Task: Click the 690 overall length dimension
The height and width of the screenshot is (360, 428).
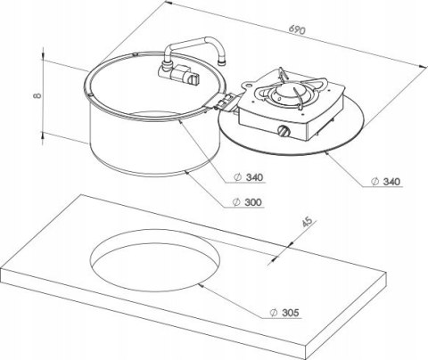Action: (297, 30)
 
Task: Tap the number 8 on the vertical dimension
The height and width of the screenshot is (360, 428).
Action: (37, 95)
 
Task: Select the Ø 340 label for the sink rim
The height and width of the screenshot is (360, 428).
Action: (249, 177)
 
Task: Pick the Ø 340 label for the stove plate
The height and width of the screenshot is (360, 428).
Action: (386, 182)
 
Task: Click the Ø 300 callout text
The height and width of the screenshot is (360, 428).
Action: (248, 202)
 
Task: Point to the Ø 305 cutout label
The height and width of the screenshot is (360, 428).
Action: (284, 313)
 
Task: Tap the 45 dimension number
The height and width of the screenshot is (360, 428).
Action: (308, 222)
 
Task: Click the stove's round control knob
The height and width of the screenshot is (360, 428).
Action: (284, 130)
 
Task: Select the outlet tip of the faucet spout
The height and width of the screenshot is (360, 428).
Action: (221, 62)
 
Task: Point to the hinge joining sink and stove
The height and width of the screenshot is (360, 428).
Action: (225, 102)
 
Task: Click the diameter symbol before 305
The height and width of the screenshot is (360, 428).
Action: (274, 313)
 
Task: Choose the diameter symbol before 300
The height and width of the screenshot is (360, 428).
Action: (236, 202)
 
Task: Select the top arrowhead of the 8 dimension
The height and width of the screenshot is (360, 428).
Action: (44, 55)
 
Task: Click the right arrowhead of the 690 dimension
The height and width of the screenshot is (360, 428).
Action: (423, 67)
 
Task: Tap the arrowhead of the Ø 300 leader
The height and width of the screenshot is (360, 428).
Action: (187, 173)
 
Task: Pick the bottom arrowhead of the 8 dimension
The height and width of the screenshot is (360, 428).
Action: (44, 135)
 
